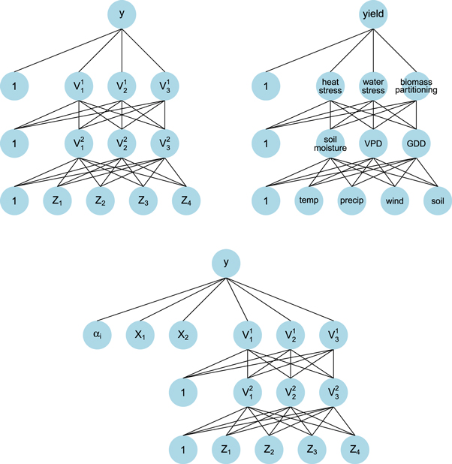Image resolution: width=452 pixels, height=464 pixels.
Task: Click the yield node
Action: (374, 15)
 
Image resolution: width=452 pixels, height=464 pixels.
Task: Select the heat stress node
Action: (331, 86)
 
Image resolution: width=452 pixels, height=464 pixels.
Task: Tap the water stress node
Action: (374, 86)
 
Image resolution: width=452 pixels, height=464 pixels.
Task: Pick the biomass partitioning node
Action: (417, 86)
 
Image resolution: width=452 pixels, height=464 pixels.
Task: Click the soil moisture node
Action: (331, 143)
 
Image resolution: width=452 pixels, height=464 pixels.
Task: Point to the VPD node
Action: (374, 143)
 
